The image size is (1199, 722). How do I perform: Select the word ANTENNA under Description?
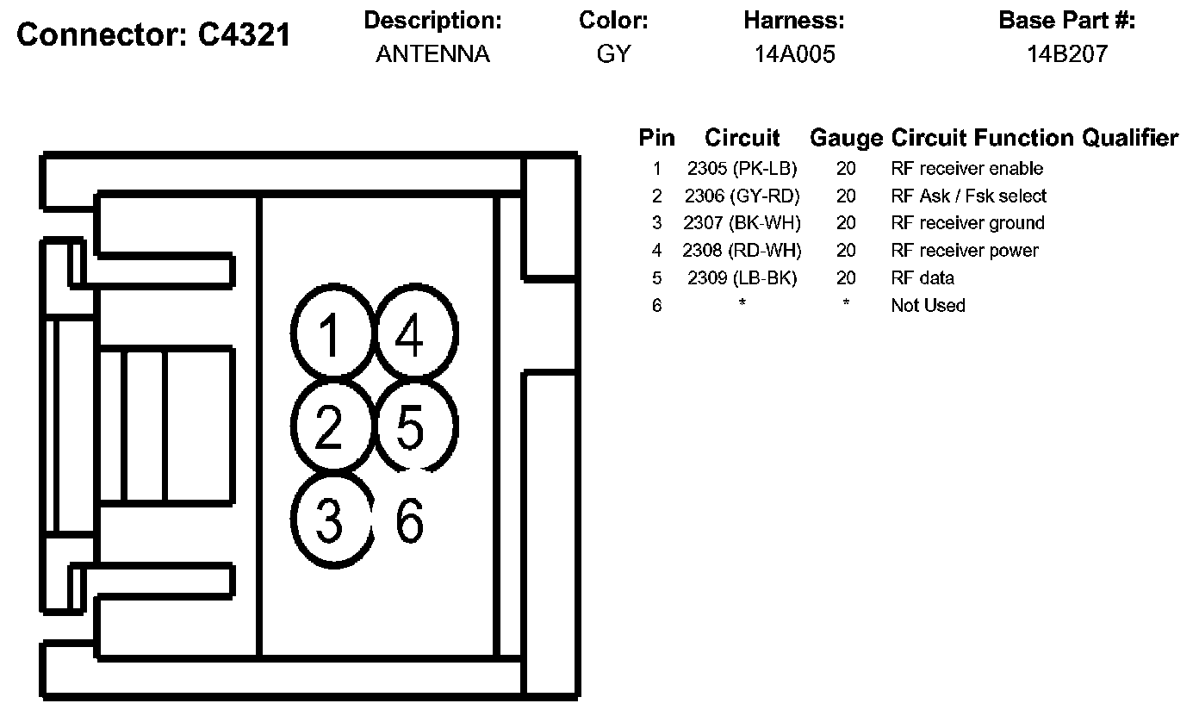[432, 55]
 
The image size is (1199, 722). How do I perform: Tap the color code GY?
[613, 55]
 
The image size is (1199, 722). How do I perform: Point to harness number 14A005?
[794, 55]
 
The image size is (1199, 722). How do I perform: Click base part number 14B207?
[1066, 55]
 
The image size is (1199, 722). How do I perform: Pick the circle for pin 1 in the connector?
[330, 334]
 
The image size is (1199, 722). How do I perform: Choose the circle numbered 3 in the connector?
[330, 520]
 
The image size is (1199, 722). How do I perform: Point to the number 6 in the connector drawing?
[409, 520]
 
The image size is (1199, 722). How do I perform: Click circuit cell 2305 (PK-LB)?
[742, 169]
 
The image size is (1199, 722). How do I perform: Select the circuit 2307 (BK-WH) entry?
[742, 223]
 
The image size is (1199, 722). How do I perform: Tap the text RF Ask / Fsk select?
[969, 196]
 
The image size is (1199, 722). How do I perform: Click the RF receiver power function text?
[965, 251]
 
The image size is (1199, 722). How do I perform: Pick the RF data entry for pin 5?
[923, 278]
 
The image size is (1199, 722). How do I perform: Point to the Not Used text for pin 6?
[928, 306]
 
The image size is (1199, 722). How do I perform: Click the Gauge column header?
[846, 138]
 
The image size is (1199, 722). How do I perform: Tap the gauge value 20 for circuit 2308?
[846, 251]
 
